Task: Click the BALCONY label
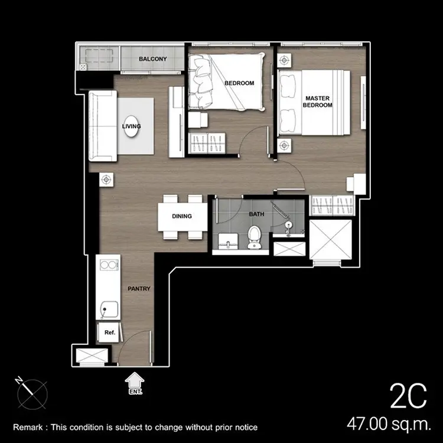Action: click(x=152, y=58)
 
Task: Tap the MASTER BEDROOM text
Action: click(x=318, y=102)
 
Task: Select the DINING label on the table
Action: click(x=182, y=216)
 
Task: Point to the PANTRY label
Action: click(x=139, y=288)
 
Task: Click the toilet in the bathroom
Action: click(x=254, y=237)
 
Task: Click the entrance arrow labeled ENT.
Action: click(x=135, y=383)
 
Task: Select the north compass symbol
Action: click(x=31, y=393)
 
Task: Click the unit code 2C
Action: click(x=408, y=396)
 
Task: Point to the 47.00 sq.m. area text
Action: click(x=389, y=424)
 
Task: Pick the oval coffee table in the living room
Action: click(x=131, y=126)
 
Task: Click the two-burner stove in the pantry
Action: click(x=108, y=265)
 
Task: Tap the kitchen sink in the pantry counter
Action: click(x=109, y=310)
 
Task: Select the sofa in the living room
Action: click(x=103, y=126)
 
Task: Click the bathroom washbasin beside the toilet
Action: click(x=228, y=242)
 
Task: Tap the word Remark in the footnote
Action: click(x=28, y=427)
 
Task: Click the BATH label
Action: click(x=256, y=214)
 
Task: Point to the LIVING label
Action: click(x=131, y=126)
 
